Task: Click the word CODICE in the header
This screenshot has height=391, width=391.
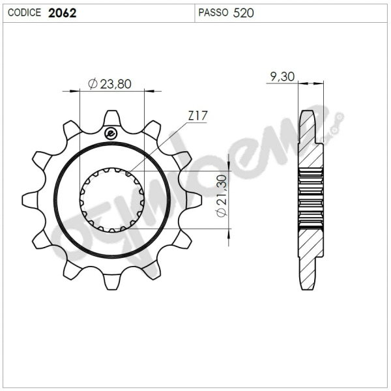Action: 25,12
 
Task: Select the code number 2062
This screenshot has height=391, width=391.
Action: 63,12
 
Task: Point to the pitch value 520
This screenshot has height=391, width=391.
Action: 243,12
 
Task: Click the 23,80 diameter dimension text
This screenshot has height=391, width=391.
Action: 115,83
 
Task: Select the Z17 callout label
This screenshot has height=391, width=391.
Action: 197,116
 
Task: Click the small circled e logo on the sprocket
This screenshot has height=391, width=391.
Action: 110,133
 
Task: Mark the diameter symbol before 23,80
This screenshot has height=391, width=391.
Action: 93,83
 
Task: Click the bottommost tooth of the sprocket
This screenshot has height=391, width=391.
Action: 111,284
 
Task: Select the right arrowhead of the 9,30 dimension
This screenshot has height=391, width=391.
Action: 320,83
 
